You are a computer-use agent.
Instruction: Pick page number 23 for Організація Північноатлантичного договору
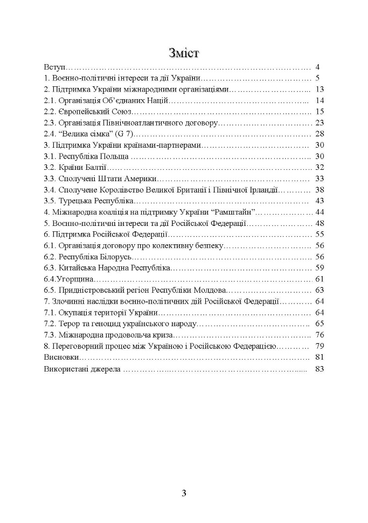(319, 122)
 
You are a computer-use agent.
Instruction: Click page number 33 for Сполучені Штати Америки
(319, 178)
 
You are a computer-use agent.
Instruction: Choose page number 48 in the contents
(319, 223)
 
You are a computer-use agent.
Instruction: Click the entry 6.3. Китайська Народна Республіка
(107, 267)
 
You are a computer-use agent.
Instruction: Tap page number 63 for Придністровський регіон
(319, 290)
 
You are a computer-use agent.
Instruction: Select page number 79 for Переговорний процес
(319, 346)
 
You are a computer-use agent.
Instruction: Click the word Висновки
(61, 357)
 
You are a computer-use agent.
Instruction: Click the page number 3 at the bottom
(184, 494)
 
